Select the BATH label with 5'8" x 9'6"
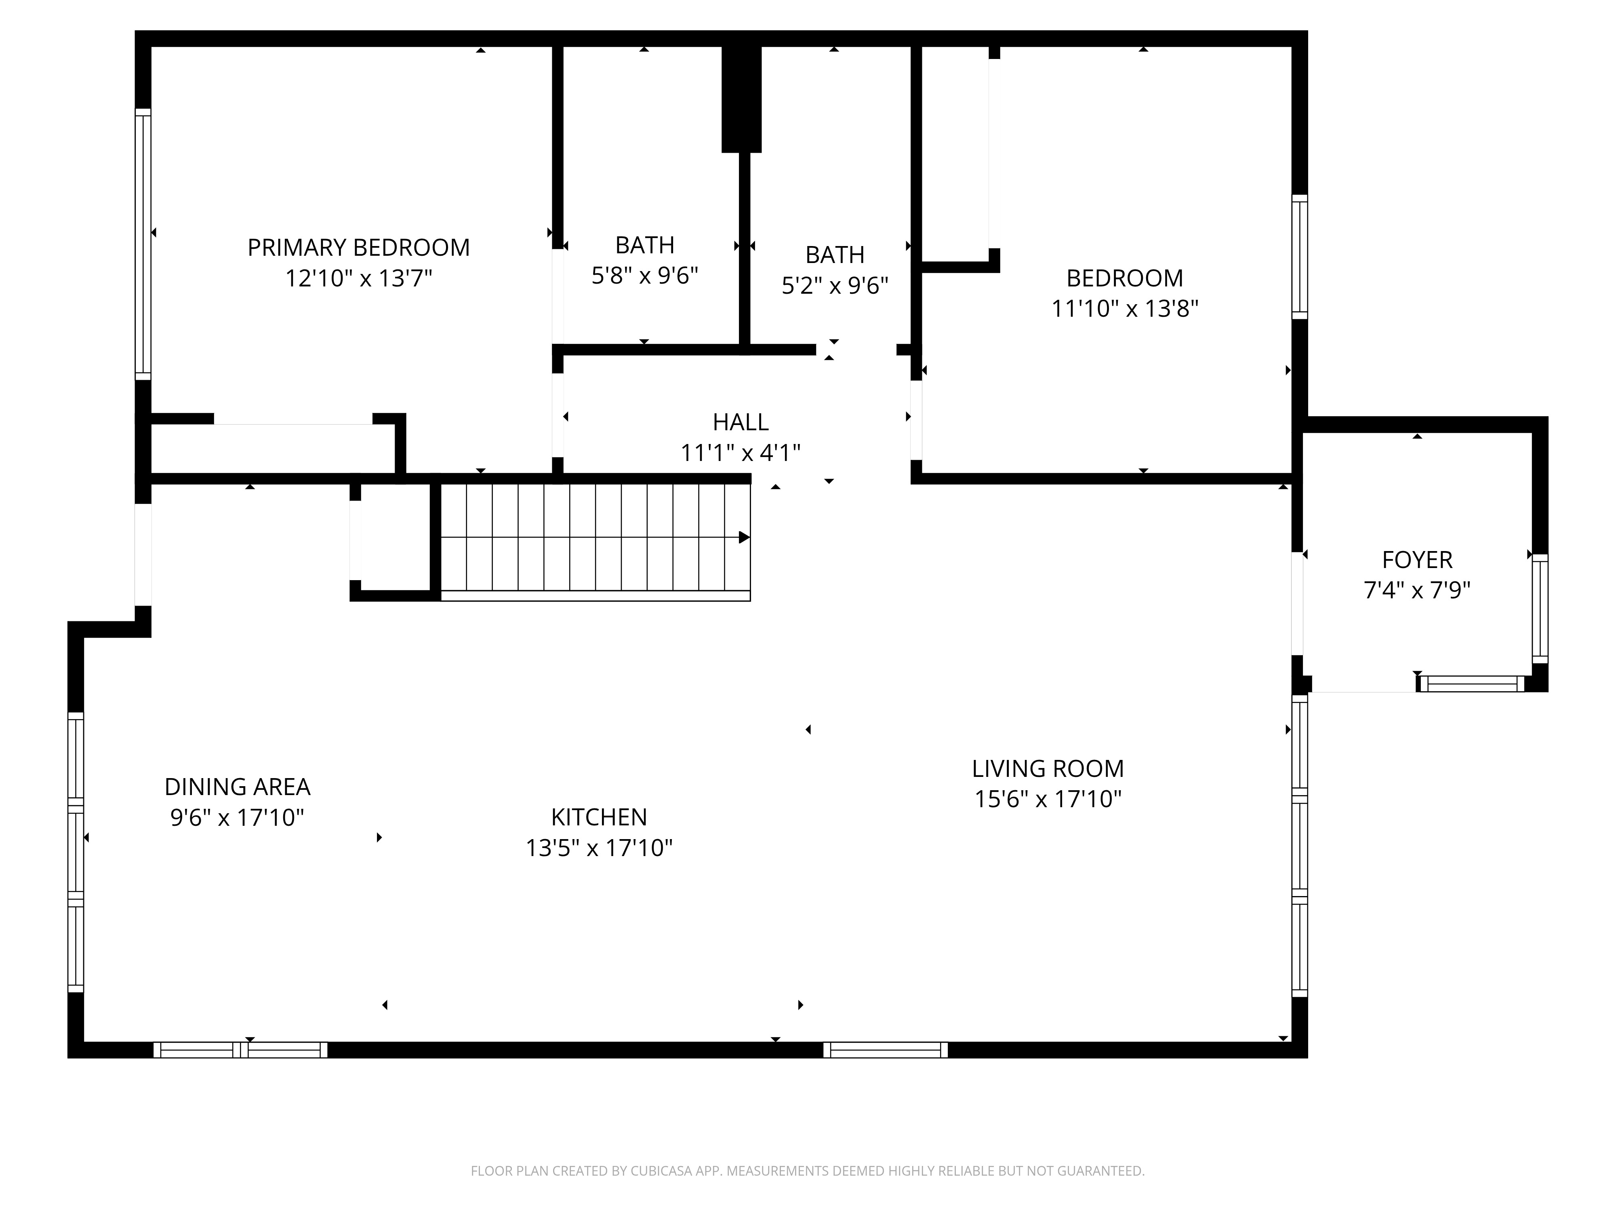(644, 245)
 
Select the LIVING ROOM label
(1048, 768)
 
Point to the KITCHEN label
(599, 817)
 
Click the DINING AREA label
(238, 787)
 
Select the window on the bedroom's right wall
(1300, 257)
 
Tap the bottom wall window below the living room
(886, 1050)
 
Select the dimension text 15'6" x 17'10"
(1048, 799)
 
